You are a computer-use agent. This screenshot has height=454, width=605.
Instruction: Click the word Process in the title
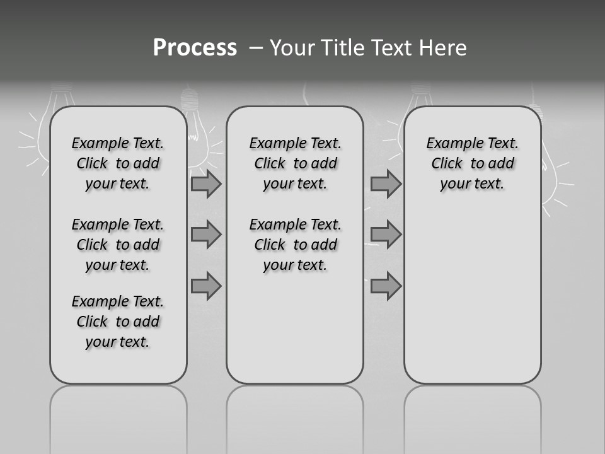pos(195,47)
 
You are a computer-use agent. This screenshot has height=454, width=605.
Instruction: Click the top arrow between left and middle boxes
pos(205,183)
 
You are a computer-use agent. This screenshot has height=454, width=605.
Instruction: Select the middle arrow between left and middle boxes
pos(205,235)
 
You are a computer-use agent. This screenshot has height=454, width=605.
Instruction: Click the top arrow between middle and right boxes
pos(386,183)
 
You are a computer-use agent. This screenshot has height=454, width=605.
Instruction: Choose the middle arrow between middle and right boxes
pos(386,235)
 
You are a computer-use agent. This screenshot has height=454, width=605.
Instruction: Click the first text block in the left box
pos(118,163)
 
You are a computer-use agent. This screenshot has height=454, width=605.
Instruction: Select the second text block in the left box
pos(118,245)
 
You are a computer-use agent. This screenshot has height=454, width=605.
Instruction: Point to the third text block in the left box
pos(118,322)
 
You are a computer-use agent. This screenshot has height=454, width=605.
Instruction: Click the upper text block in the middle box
pos(295,163)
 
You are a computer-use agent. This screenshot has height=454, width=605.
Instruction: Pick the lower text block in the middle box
pos(295,245)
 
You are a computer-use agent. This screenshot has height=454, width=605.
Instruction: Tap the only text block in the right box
pos(473,163)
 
